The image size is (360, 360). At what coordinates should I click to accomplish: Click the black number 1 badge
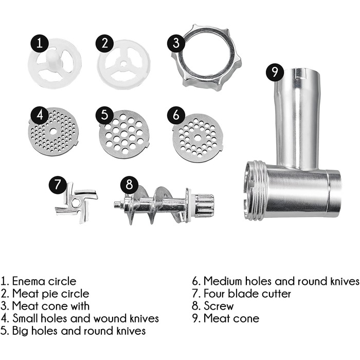click(x=40, y=43)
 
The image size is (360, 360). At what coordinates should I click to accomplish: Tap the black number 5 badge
click(x=104, y=115)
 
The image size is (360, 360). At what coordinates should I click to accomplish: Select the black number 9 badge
click(x=275, y=72)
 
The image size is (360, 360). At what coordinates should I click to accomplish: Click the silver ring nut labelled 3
click(x=206, y=58)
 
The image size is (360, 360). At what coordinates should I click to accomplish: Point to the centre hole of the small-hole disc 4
click(x=53, y=132)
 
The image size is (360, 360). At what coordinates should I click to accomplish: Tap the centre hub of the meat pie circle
click(x=123, y=63)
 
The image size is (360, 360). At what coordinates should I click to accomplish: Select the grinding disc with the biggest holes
click(x=124, y=134)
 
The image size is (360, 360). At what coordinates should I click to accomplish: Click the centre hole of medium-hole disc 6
click(x=197, y=138)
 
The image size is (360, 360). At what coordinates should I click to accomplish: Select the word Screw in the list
click(x=219, y=306)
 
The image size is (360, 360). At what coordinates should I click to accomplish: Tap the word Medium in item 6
click(x=223, y=281)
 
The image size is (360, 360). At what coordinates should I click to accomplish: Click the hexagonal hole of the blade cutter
click(x=76, y=203)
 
